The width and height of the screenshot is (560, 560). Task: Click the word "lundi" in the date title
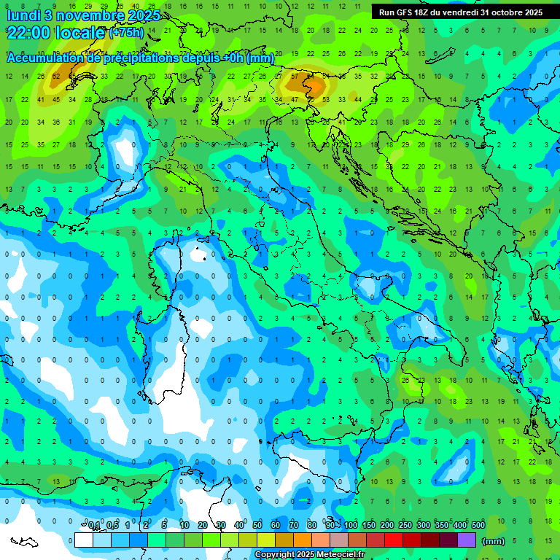coord(23,15)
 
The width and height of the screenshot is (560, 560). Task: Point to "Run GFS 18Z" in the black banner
coord(404,12)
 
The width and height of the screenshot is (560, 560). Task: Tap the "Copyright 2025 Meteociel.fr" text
coord(309,555)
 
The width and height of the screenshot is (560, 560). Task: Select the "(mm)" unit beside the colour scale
coord(494,541)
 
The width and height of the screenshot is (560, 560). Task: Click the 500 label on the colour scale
coord(478,526)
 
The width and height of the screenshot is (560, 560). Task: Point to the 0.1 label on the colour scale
coord(94,526)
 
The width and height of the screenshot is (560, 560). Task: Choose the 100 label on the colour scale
coord(351,526)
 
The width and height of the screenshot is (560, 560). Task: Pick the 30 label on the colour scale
coord(221,526)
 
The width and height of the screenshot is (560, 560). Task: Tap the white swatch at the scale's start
coord(84,540)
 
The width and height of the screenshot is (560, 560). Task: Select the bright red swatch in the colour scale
coord(394,540)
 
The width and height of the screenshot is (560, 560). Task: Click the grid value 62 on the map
coord(56,76)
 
